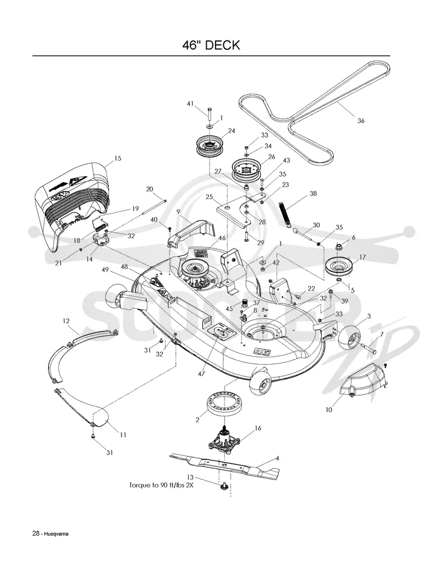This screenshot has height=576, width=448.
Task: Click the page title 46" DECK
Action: (x=211, y=45)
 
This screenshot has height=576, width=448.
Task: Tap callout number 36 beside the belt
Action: (x=361, y=121)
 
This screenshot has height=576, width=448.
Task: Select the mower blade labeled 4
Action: (x=225, y=466)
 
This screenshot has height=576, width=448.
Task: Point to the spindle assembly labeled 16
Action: (x=223, y=440)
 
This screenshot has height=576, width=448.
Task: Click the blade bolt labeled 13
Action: (x=222, y=487)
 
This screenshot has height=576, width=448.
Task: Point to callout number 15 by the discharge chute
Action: (x=118, y=158)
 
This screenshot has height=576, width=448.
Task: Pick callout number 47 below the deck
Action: (x=202, y=374)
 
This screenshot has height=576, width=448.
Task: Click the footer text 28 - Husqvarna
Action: (x=50, y=534)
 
